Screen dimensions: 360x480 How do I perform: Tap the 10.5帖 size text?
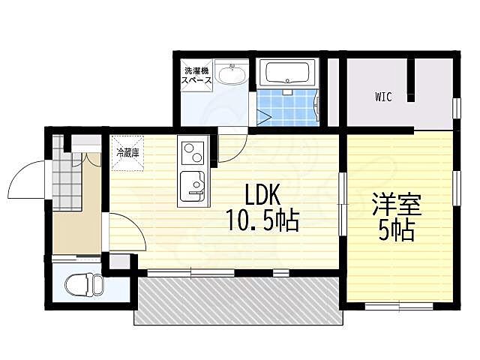point(262,221)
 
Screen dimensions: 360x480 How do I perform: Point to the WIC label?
point(383,97)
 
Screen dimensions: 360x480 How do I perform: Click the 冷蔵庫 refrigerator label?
point(127,152)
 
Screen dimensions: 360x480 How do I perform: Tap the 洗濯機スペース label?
point(198,76)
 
